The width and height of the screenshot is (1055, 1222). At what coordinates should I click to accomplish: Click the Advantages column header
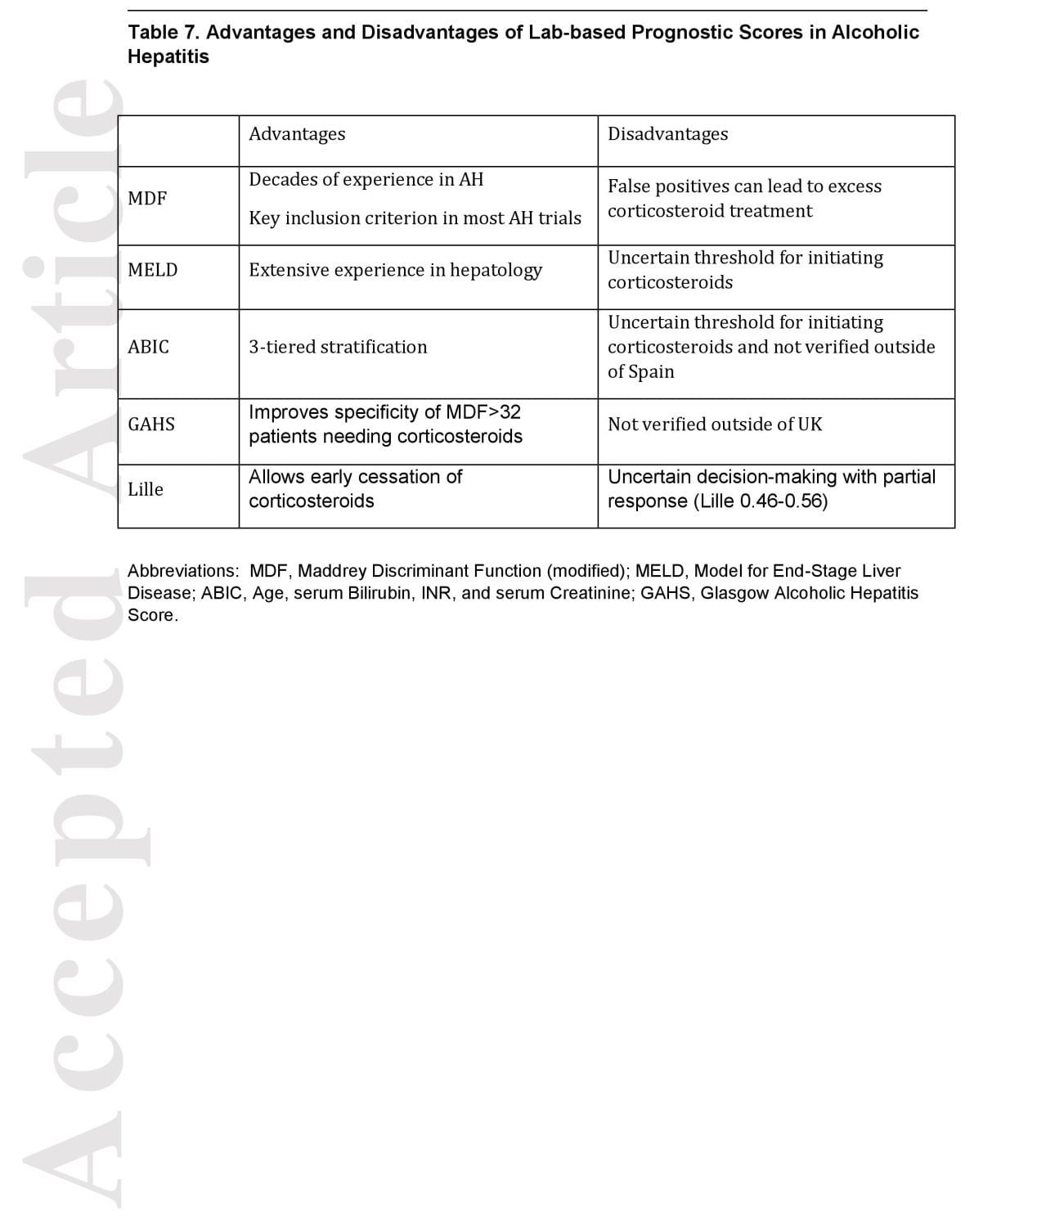(297, 134)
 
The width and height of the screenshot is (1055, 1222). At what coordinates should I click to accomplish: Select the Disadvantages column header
(667, 134)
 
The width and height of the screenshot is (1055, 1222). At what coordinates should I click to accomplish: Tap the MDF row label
(147, 199)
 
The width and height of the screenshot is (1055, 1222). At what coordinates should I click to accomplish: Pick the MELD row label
(152, 270)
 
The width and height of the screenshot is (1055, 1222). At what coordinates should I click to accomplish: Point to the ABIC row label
(148, 347)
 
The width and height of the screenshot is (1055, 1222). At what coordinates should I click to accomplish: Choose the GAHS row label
(151, 424)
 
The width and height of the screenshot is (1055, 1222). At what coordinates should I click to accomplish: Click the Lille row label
(146, 489)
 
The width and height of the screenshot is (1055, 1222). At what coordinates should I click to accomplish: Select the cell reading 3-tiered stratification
(338, 347)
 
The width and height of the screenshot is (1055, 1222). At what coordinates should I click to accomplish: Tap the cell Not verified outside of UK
(715, 424)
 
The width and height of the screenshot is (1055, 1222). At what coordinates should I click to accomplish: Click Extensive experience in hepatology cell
(395, 270)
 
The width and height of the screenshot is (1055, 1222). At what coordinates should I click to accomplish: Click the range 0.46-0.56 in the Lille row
(783, 501)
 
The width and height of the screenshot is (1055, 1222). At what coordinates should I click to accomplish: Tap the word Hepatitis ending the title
(168, 56)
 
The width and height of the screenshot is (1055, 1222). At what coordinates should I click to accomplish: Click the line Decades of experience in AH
(366, 179)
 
